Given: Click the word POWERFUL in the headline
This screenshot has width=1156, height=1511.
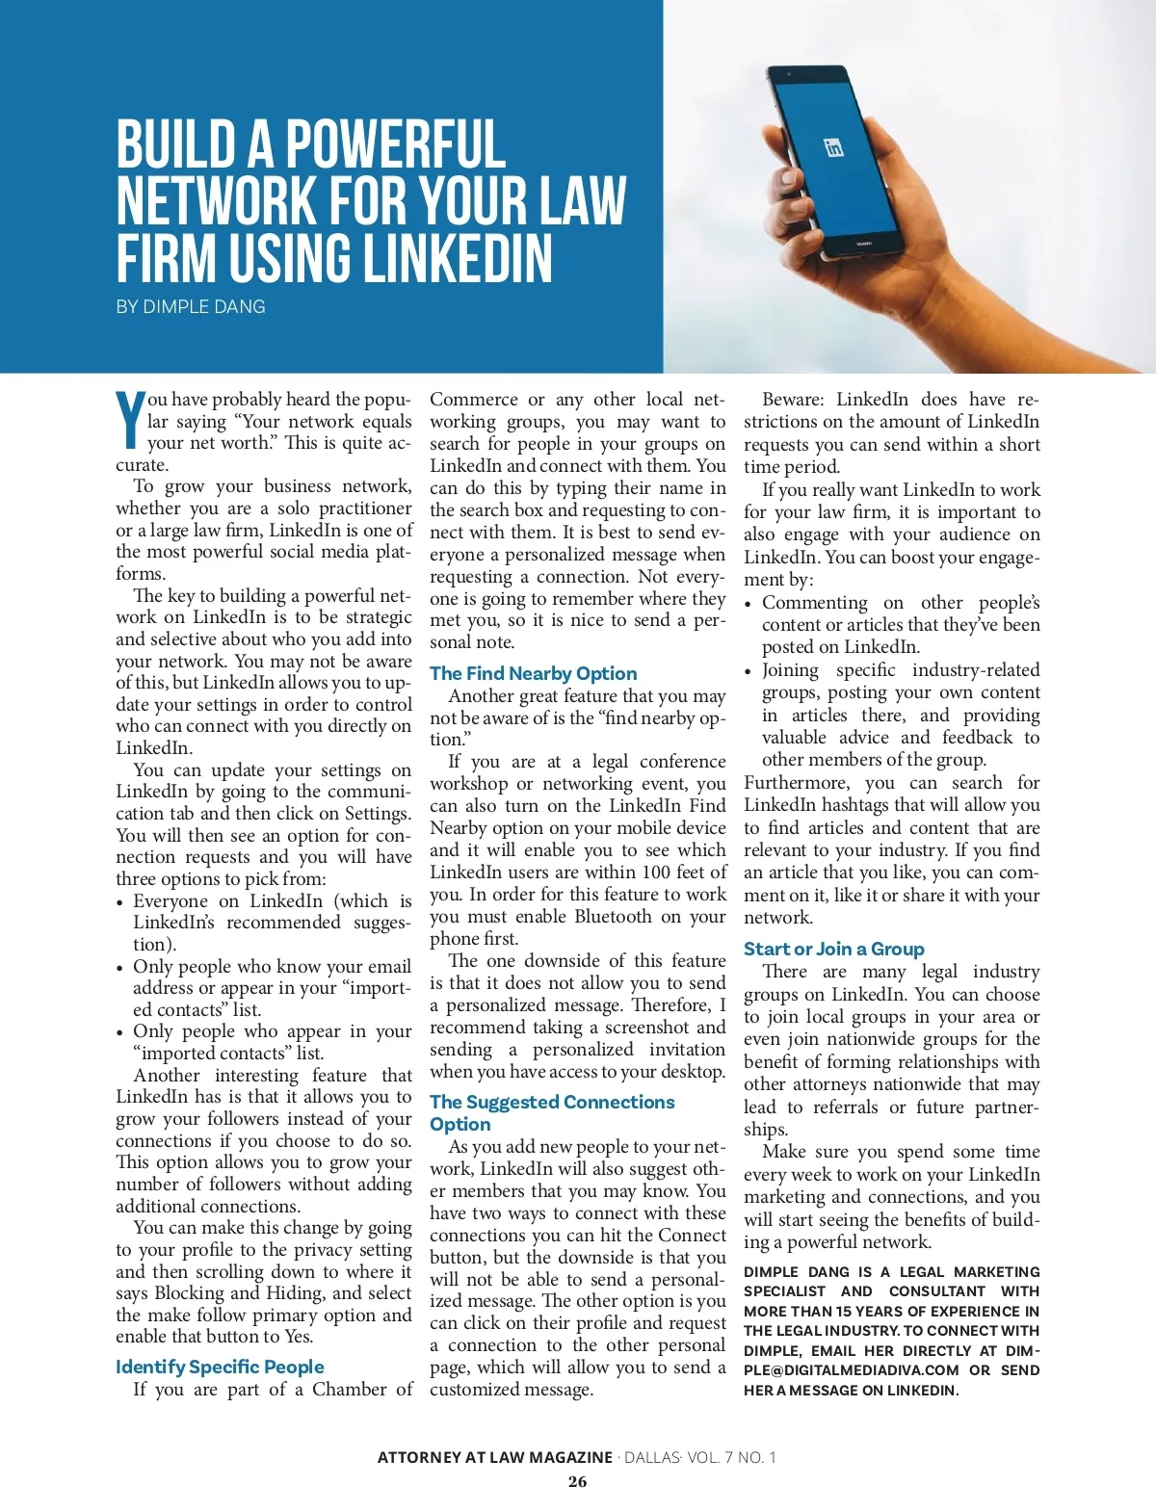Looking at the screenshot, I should [x=395, y=144].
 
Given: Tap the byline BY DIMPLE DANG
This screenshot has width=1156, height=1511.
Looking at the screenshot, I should [x=191, y=307].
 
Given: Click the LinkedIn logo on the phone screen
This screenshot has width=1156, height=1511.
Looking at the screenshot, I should [x=834, y=147].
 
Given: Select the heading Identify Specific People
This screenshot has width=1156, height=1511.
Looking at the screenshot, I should [x=220, y=1367].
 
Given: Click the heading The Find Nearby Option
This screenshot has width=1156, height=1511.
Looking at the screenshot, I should [x=533, y=673].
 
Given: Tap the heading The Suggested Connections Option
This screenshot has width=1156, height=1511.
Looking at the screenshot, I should [x=552, y=1112].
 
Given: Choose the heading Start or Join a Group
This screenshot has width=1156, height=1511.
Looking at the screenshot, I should [x=833, y=949].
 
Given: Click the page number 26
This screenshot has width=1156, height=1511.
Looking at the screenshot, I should [x=577, y=1482].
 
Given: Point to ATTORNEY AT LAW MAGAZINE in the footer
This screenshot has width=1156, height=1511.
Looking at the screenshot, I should [x=494, y=1457].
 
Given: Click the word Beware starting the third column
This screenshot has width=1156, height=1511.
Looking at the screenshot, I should [x=793, y=400].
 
